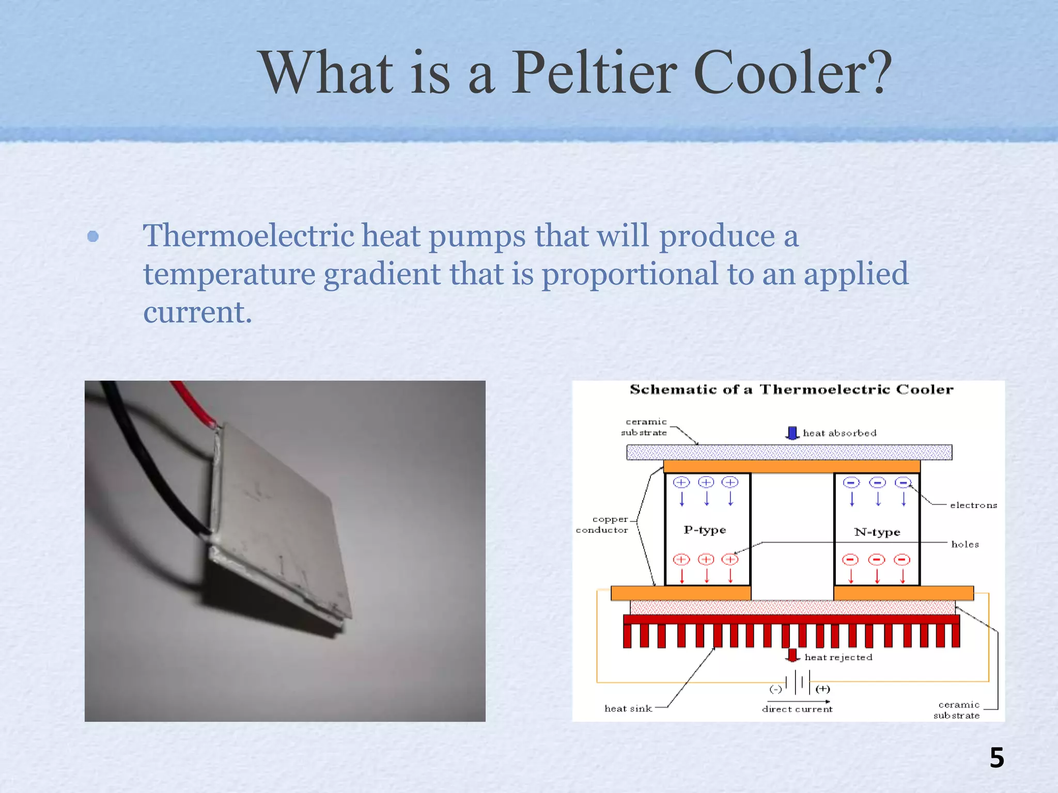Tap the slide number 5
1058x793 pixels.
click(x=997, y=758)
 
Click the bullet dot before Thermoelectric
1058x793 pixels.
click(x=93, y=236)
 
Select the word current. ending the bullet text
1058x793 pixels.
click(x=197, y=312)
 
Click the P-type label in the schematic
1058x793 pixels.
click(x=705, y=530)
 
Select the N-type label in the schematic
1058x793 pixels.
click(x=877, y=532)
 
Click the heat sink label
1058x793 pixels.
click(x=628, y=709)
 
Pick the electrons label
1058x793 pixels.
click(x=973, y=505)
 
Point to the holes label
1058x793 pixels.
click(x=964, y=544)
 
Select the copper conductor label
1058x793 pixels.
click(x=603, y=525)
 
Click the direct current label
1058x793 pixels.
click(x=797, y=709)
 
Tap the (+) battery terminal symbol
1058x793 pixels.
click(x=823, y=689)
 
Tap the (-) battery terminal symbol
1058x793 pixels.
click(x=776, y=689)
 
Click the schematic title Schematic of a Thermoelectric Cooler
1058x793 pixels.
click(x=791, y=389)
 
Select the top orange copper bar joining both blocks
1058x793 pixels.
click(x=791, y=467)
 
